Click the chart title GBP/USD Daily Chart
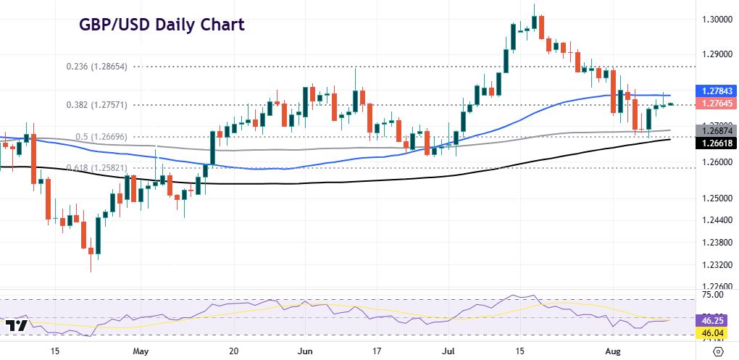[x=162, y=25]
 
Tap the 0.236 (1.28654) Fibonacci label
[x=96, y=66]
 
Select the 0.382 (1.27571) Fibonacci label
[x=96, y=105]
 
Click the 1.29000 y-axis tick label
[x=715, y=54]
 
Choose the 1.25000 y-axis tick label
[x=715, y=198]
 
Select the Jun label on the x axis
[x=306, y=351]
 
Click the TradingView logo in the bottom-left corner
[x=20, y=326]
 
